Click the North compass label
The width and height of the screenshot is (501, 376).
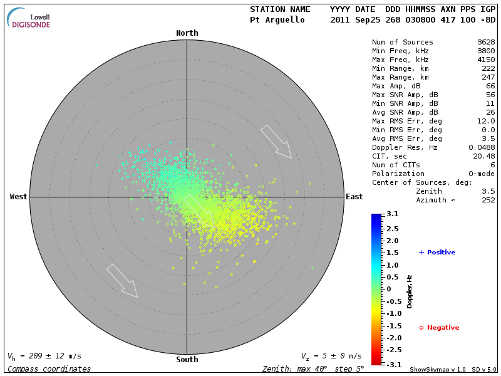pos(187,33)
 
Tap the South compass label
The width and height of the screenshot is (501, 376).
pos(187,360)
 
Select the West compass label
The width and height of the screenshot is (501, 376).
pos(19,197)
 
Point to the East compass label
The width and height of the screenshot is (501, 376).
pos(354,197)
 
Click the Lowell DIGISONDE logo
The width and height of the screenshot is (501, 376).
pos(30,18)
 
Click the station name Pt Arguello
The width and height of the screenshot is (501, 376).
pos(277,20)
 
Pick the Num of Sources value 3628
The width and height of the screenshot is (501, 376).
pos(486,43)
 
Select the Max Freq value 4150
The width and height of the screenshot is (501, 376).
pos(486,60)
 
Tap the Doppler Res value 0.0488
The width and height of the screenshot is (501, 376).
pos(482,147)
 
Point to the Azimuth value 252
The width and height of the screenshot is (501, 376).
pos(488,200)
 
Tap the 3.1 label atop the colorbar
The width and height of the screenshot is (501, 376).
pos(393,214)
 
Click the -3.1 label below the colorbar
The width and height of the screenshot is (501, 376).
pos(391,364)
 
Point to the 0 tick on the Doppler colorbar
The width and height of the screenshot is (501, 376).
pos(388,289)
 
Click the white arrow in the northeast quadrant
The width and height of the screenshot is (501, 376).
pos(276,142)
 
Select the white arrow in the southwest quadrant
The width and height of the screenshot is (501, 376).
pos(122,281)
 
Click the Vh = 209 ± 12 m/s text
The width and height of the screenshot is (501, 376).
pos(44,356)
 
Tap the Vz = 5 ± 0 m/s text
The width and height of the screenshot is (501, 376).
pos(331,356)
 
